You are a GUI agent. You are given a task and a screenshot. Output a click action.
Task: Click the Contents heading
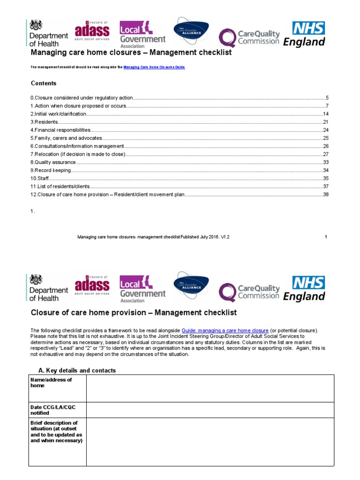coord(44,83)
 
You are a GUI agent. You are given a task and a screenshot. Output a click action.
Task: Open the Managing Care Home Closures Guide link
coord(154,67)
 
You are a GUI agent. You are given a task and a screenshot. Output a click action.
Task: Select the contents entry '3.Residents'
coord(45,122)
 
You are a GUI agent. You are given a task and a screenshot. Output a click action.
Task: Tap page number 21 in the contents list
coord(325,122)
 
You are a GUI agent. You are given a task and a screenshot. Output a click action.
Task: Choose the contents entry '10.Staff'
coord(40,179)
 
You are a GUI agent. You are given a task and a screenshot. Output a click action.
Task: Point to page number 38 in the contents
coord(325,195)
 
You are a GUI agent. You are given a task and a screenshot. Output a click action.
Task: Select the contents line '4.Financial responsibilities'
coord(60,130)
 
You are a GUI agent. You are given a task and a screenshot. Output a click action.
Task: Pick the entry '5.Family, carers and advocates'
coord(66,138)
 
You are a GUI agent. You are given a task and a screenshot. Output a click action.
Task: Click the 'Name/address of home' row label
coord(52,382)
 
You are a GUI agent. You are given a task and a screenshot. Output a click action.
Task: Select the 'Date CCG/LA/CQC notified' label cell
coord(53,410)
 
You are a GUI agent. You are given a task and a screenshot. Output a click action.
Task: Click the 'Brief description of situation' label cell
coord(56,432)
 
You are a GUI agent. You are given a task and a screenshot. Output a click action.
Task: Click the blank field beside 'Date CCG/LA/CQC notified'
coord(210,410)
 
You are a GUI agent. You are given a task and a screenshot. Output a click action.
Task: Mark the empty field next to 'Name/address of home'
coord(210,389)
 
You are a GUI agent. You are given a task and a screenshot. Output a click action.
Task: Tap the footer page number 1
coord(326,237)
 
